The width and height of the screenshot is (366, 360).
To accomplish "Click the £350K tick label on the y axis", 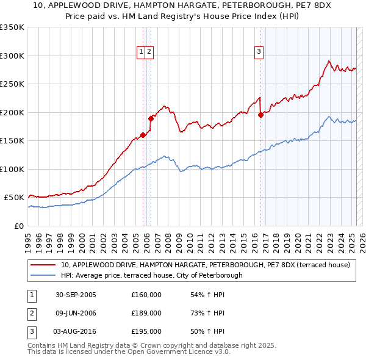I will [12, 27].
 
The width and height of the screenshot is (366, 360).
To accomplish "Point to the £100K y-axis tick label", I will [12, 169].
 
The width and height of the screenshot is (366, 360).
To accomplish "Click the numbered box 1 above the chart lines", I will [141, 52].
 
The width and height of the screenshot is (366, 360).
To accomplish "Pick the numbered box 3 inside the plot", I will [259, 52].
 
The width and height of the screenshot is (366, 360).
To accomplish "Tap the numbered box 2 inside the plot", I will [149, 52].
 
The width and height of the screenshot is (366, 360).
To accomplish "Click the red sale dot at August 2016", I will [260, 115].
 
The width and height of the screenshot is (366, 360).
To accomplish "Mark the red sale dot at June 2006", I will [151, 118].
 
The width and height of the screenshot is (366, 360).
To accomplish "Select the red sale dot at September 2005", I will [143, 135].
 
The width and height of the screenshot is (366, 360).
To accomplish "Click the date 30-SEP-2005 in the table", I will [76, 295].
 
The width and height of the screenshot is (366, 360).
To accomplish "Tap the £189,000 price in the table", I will [146, 313].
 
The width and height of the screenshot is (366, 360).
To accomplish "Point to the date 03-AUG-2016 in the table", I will [76, 331].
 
